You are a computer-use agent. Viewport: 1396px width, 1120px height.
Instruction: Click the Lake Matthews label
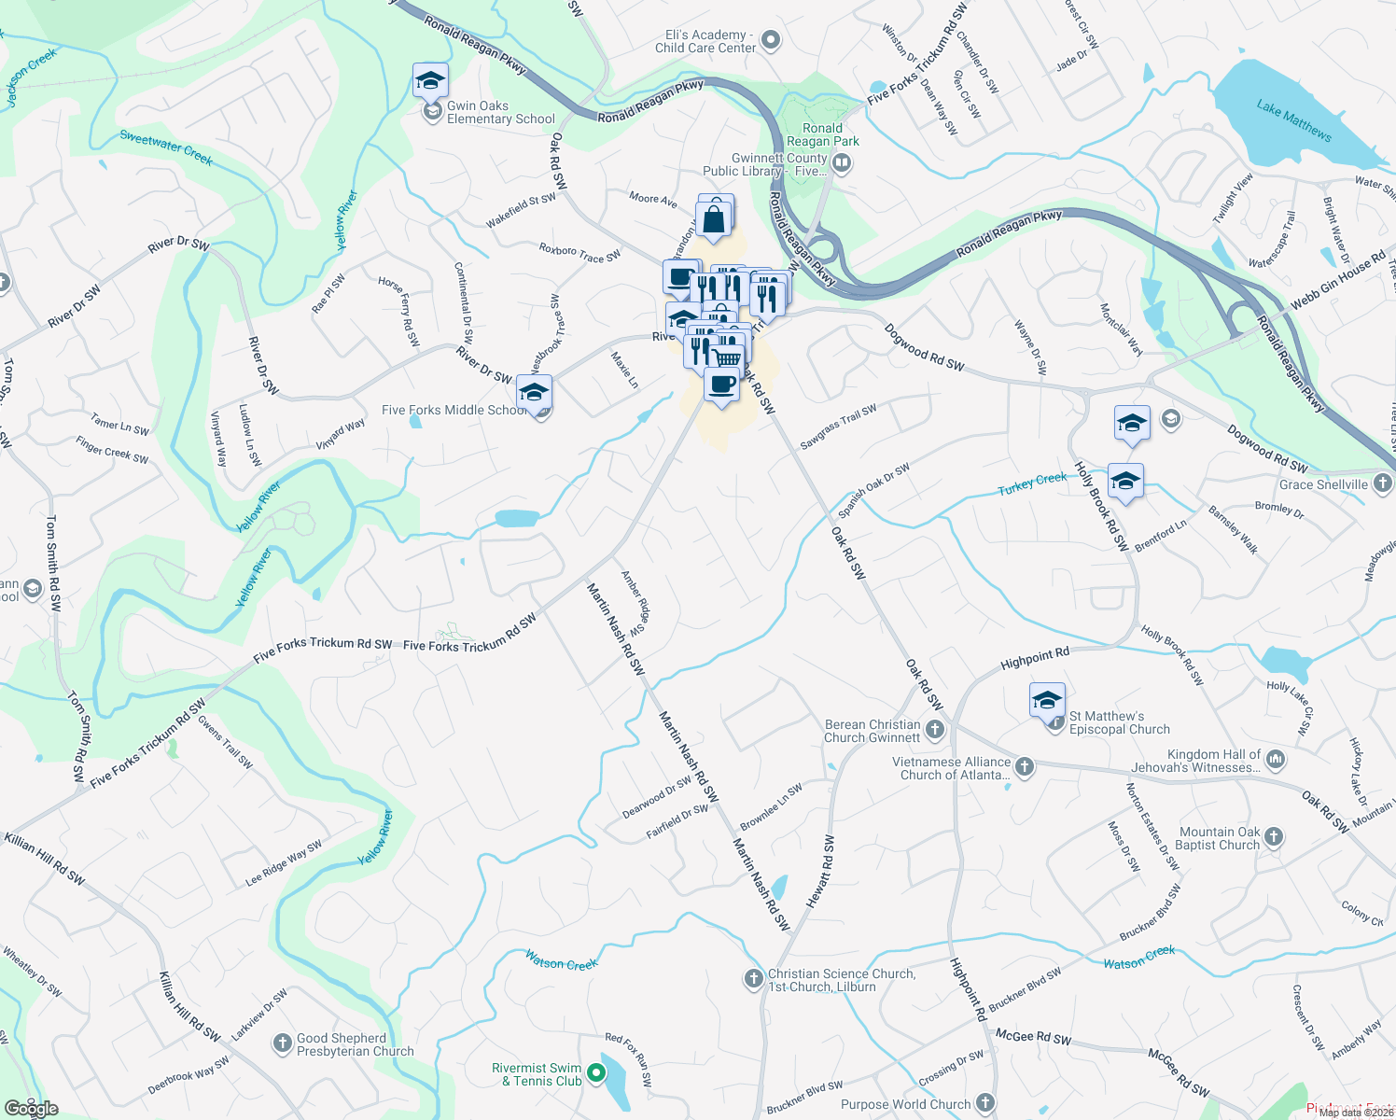(x=1293, y=120)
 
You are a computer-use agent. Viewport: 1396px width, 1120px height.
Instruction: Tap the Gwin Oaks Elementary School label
(x=500, y=113)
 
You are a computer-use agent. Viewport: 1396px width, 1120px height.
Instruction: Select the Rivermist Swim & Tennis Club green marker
(x=596, y=1074)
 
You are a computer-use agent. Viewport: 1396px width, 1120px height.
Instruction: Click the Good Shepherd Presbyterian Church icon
(x=283, y=1043)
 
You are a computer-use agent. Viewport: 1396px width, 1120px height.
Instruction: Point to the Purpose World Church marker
(x=985, y=1103)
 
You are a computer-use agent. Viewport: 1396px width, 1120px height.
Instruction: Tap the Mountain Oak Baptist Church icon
(x=1274, y=837)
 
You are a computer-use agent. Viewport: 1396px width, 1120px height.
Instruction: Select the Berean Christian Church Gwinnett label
(x=872, y=731)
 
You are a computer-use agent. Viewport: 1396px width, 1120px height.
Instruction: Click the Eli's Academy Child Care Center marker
(x=770, y=40)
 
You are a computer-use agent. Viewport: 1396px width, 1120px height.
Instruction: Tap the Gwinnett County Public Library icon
(x=841, y=164)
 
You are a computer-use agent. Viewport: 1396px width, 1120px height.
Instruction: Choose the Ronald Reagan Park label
(x=822, y=134)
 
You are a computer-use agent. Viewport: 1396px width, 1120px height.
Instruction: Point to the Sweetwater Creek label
(x=166, y=147)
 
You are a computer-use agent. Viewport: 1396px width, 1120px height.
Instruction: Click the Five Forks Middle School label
(x=454, y=410)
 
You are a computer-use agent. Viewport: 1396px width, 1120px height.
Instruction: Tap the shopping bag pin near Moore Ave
(x=714, y=220)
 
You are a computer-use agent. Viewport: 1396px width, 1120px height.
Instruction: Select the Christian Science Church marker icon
(x=754, y=978)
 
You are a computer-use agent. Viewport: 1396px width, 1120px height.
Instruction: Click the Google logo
(x=32, y=1108)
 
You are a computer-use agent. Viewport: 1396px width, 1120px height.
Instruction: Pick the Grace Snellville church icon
(x=1382, y=483)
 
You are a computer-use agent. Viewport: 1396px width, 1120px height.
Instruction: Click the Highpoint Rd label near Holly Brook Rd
(x=1034, y=658)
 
